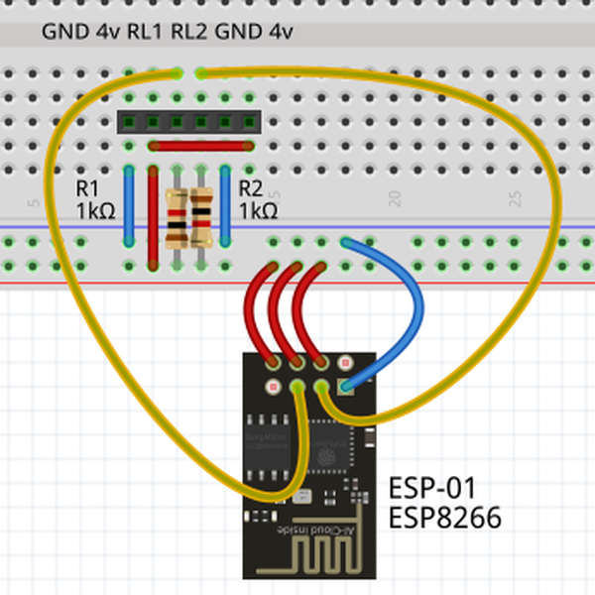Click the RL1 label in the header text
tap(146, 32)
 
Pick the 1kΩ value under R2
tap(258, 211)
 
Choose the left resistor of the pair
tap(177, 218)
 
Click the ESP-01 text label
tap(432, 489)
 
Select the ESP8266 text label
tap(444, 517)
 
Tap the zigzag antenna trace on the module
tap(307, 560)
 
